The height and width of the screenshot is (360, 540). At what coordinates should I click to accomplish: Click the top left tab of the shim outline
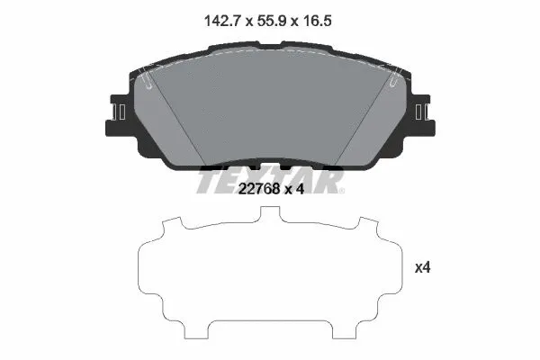[x=175, y=224]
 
